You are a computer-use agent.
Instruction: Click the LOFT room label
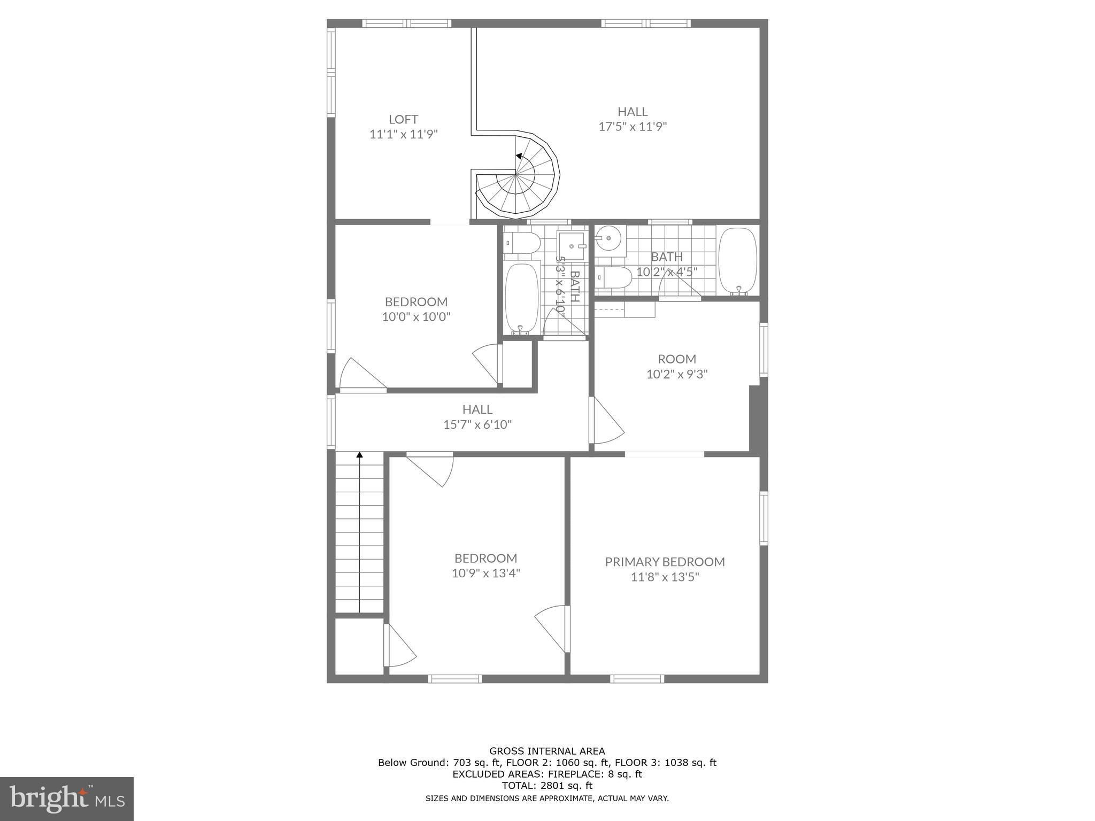click(403, 119)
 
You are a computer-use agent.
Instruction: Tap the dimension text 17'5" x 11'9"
click(633, 127)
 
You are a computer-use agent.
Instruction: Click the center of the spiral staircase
click(515, 175)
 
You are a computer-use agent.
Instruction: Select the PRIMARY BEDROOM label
click(665, 562)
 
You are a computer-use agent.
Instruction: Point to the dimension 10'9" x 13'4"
click(485, 574)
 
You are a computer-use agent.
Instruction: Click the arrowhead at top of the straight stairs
click(360, 455)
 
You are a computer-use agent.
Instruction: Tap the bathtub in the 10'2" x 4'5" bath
click(738, 261)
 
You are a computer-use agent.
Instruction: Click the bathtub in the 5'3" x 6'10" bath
click(522, 297)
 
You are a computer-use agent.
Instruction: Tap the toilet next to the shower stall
click(521, 244)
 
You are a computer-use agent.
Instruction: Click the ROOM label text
click(677, 359)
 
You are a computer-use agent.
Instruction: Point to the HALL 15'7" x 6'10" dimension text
click(477, 425)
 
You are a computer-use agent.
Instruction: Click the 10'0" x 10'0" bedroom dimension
click(416, 317)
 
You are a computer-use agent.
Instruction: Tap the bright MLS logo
click(66, 799)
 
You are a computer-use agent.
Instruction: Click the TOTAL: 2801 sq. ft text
click(547, 786)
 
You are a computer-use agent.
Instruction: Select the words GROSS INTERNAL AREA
click(547, 751)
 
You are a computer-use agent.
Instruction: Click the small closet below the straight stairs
click(359, 646)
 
